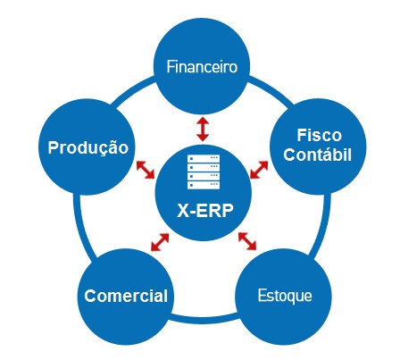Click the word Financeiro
202,66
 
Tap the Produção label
88,147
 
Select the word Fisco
319,135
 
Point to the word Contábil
317,155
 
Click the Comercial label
126,296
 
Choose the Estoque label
285,296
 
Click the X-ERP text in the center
205,211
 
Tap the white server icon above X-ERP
204,172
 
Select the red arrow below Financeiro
203,129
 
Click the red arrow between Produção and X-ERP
146,170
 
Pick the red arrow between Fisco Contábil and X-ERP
259,170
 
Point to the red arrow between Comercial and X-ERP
160,242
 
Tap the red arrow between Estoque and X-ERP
247,241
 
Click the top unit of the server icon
204,158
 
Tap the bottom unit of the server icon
204,185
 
